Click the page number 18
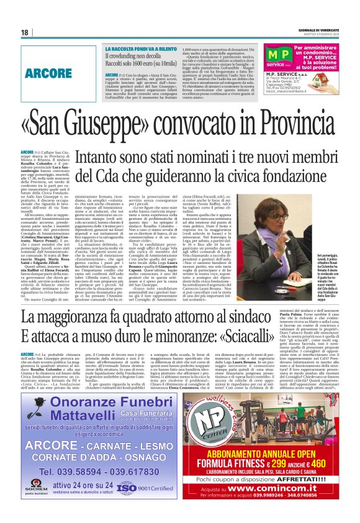click(x=25, y=32)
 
